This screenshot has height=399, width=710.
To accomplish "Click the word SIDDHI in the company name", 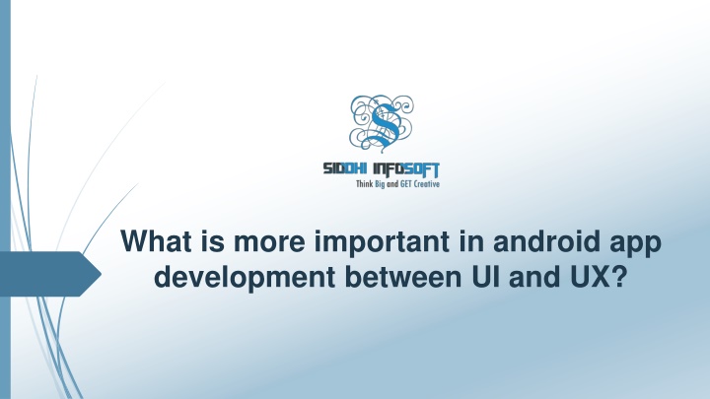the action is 344,168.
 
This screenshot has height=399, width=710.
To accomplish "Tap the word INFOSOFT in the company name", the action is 406,169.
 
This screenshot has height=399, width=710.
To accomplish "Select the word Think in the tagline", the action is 365,183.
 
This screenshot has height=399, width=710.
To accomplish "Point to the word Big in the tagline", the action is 380,184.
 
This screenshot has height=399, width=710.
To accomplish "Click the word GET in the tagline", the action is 405,183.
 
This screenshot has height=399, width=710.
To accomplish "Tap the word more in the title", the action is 269,244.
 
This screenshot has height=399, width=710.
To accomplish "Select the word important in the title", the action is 383,243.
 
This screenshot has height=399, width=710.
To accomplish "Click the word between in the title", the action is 402,277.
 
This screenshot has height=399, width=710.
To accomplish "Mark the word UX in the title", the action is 589,277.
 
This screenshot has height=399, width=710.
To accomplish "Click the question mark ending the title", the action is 618,277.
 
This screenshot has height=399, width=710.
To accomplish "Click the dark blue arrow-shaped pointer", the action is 50,274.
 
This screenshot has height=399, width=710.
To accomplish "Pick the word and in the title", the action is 534,277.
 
